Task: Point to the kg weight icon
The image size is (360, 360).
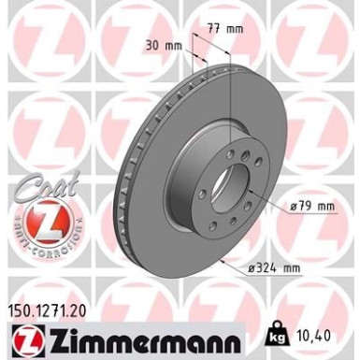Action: (280, 335)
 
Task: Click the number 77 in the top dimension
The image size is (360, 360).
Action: (212, 29)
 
